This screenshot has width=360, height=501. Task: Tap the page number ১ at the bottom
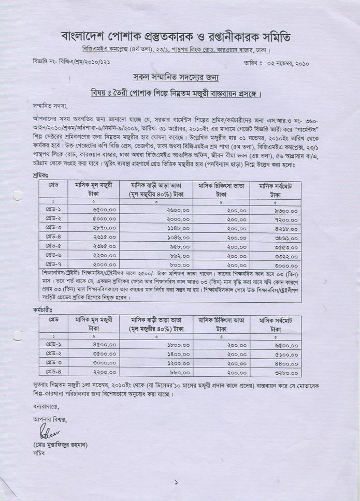(178, 482)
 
